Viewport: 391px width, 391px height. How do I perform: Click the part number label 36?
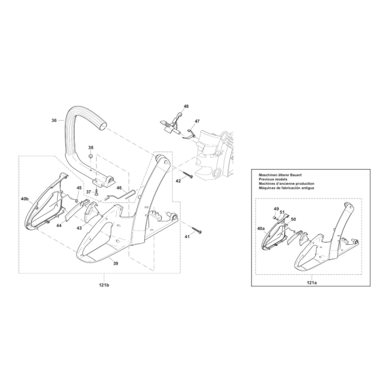click(x=54, y=120)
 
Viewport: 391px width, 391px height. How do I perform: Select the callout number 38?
click(x=91, y=147)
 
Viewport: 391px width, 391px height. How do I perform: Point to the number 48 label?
click(x=186, y=106)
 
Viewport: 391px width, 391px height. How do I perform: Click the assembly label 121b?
click(x=104, y=285)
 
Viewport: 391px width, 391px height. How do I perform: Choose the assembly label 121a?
click(x=312, y=283)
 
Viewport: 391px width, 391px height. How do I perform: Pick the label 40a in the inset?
click(x=261, y=228)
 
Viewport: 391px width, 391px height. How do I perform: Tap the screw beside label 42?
click(x=188, y=174)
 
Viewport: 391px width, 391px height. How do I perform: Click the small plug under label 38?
click(x=91, y=156)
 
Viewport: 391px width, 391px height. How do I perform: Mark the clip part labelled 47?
click(x=189, y=134)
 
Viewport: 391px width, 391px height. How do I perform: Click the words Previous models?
click(x=273, y=179)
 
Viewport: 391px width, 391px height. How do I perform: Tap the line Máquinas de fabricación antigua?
click(x=286, y=188)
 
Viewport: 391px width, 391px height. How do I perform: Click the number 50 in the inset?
click(x=294, y=219)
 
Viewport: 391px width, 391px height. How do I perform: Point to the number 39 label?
click(x=115, y=263)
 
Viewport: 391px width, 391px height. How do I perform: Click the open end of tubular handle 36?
click(x=103, y=126)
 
